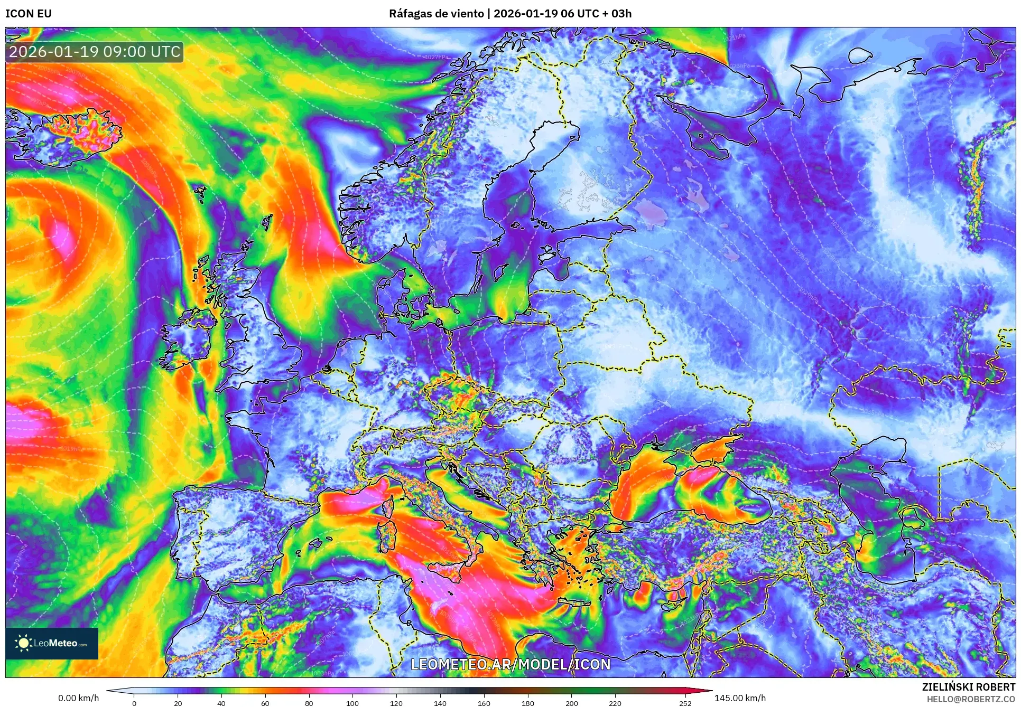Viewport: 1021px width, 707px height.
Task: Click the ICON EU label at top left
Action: pos(29,14)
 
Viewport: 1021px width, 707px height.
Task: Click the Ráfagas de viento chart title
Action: pos(510,14)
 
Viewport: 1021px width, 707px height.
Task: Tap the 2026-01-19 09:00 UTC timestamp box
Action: pos(95,52)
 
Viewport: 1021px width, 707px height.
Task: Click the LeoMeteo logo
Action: pos(52,643)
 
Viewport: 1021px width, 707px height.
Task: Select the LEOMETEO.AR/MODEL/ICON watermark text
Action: pos(510,664)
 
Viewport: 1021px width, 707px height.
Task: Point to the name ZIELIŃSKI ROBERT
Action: pos(969,687)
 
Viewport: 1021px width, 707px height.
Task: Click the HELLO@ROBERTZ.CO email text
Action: pos(971,699)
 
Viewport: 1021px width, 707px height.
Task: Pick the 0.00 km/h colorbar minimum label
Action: pos(78,698)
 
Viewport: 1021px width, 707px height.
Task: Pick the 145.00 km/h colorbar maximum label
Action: pos(740,698)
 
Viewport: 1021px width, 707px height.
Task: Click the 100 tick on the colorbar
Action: pos(352,703)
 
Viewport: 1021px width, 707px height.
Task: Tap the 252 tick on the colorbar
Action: pos(685,703)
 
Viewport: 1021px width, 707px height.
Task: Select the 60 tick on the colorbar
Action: pos(265,703)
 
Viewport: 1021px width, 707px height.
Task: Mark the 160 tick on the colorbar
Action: pos(484,703)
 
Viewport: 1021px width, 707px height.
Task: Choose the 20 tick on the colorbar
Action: pos(178,703)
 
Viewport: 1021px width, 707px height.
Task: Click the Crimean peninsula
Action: pos(713,452)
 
